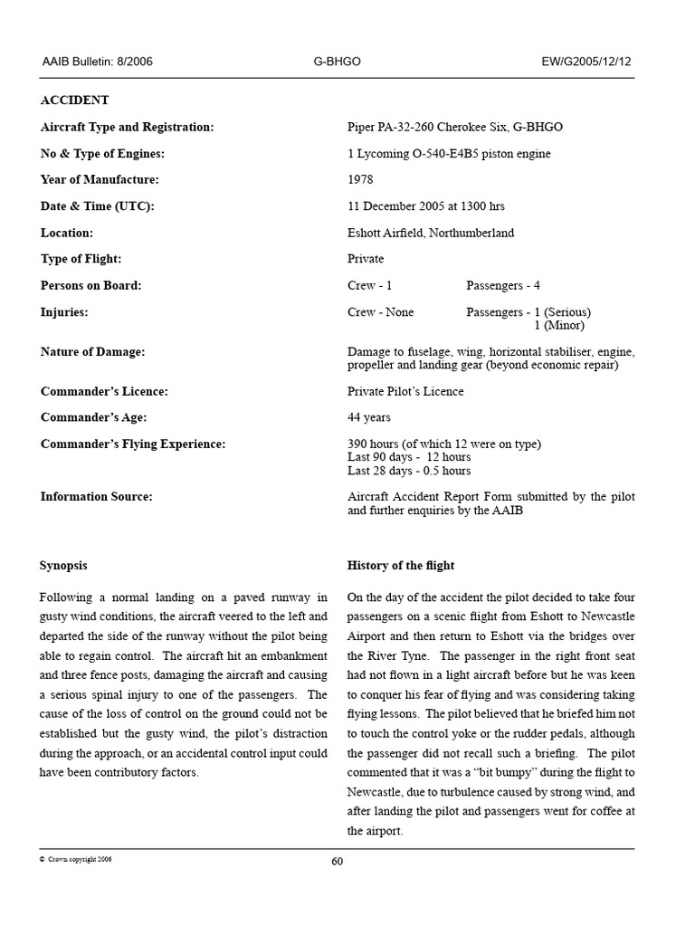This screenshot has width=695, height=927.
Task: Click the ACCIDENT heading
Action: coord(74,100)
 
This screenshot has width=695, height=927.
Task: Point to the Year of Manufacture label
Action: coord(100,179)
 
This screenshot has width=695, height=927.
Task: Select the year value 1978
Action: coord(360,179)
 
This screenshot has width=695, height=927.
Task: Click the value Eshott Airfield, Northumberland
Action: coord(430,233)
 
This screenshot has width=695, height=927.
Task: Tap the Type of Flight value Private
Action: coord(366,259)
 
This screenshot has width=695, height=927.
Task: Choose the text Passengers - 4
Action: coord(503,285)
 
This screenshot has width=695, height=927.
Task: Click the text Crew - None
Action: coord(380,312)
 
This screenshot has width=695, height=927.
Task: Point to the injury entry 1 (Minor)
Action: coord(558,325)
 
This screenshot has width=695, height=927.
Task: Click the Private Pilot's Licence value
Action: coord(405,391)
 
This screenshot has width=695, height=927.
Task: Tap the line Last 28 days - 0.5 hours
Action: coord(409,471)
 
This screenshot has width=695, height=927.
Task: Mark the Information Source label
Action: coord(96,496)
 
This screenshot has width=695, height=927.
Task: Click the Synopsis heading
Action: coord(63,565)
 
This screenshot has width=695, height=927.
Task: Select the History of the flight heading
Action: coord(401,565)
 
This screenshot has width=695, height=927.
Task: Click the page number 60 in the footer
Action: coord(337,861)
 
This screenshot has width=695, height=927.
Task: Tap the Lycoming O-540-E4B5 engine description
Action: coord(449,153)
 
